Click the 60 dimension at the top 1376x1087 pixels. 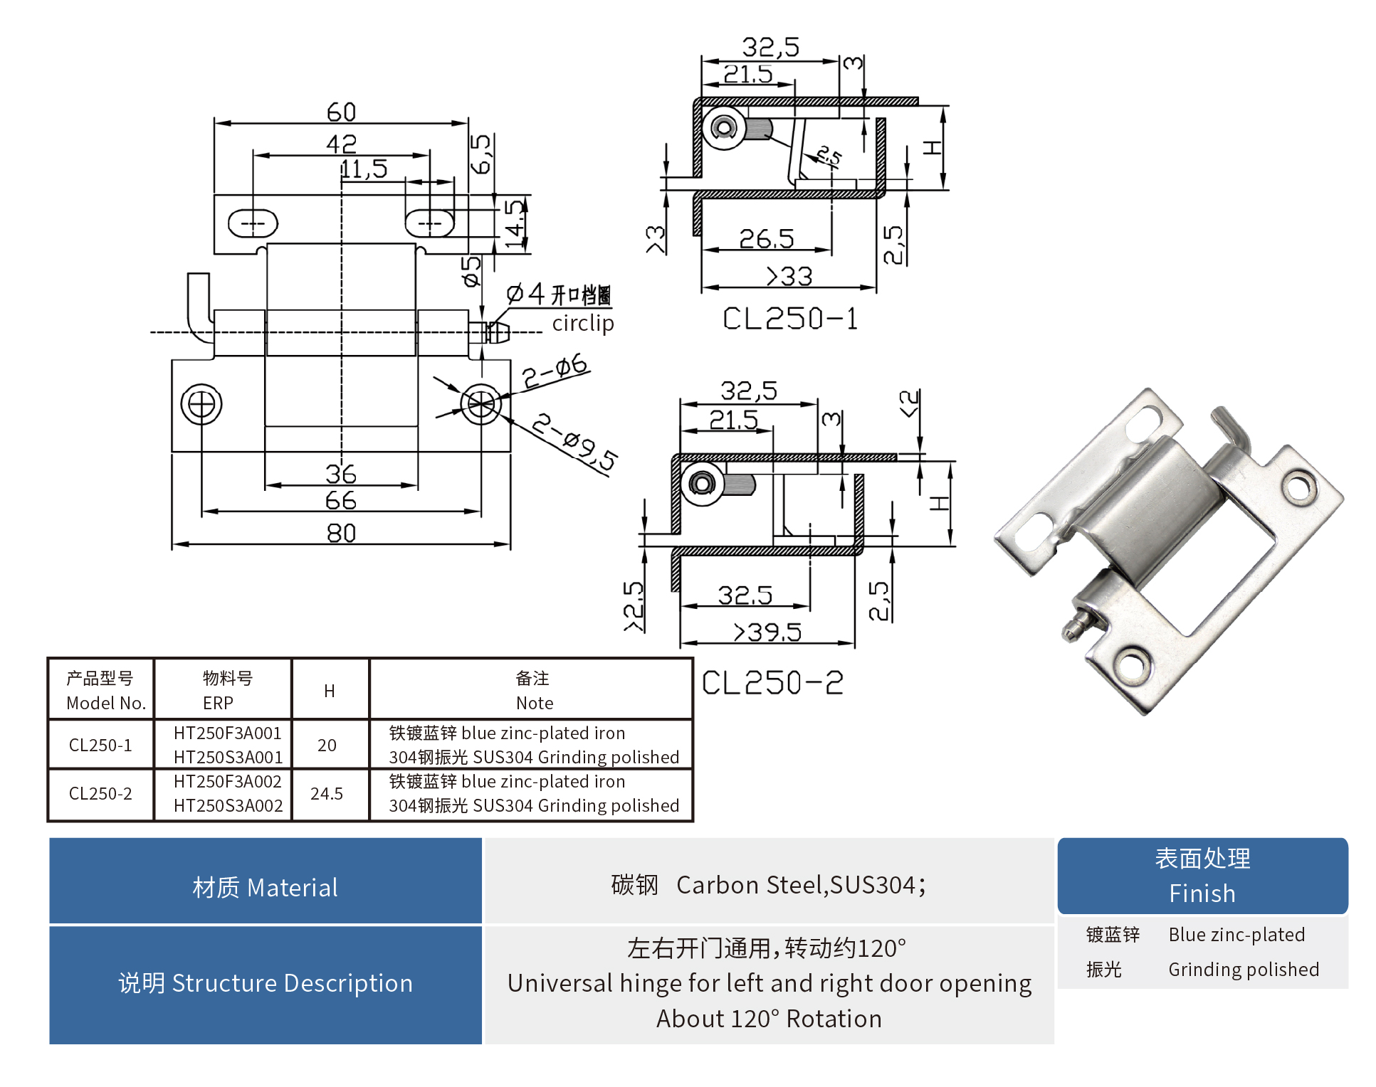coord(341,112)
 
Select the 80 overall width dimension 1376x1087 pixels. coord(341,532)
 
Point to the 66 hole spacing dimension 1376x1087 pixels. coord(341,500)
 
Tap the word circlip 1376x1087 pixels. coord(582,323)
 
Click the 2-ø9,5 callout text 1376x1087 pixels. coord(574,441)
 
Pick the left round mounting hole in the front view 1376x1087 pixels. coord(201,404)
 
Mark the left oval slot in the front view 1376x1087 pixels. coord(253,223)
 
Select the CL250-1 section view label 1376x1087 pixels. coord(789,319)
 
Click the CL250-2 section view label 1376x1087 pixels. coord(772,683)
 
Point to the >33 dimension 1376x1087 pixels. coord(789,276)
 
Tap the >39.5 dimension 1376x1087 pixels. coord(767,632)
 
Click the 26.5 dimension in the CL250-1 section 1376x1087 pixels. coord(766,238)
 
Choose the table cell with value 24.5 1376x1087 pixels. coord(327,793)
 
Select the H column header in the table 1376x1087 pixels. coord(329,691)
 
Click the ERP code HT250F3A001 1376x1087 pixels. coord(227,733)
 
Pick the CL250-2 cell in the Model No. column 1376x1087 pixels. coord(100,793)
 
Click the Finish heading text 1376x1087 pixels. coord(1202,894)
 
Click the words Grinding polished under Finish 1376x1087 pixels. coord(1243,970)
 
